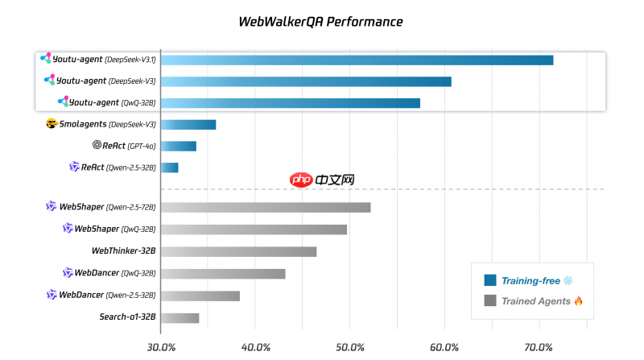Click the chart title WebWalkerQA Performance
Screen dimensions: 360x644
321,22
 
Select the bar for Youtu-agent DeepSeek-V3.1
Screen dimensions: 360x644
357,60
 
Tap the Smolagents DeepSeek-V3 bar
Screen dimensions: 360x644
188,124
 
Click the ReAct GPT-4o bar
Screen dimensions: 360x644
178,146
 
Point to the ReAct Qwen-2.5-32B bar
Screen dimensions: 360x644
169,168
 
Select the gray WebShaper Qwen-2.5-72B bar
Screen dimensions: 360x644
266,207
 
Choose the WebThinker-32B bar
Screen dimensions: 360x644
238,251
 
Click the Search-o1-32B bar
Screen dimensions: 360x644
180,317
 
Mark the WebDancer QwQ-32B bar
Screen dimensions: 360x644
223,273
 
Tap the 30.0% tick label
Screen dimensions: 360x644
162,347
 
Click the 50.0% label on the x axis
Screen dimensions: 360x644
350,347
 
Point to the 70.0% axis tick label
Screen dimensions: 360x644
539,347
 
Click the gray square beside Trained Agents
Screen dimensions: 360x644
489,301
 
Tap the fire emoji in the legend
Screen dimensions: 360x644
578,300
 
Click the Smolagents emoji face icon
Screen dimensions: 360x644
52,124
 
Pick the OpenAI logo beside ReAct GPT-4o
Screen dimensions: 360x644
97,146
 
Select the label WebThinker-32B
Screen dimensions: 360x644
123,251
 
